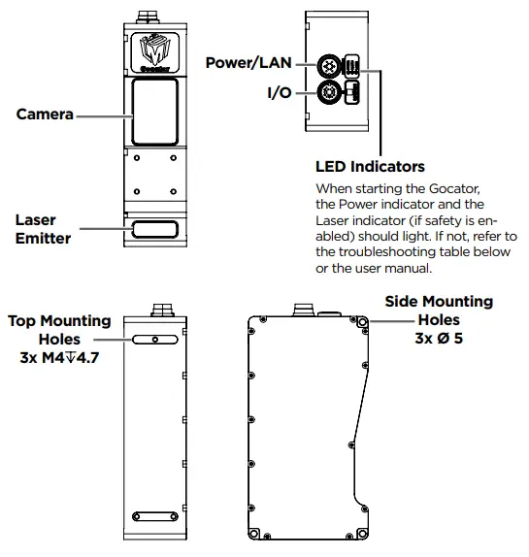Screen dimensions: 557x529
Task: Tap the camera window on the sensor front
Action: (x=154, y=111)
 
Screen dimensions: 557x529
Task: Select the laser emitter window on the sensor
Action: (x=154, y=229)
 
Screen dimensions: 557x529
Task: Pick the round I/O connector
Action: (x=331, y=94)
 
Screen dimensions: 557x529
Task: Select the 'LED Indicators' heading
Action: (x=370, y=166)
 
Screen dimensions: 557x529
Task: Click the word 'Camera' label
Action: (x=45, y=115)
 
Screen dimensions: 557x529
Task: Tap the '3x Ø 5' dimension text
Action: (x=439, y=338)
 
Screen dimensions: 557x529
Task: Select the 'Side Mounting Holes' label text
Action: (x=439, y=311)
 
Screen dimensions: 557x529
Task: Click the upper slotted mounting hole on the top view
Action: (x=155, y=340)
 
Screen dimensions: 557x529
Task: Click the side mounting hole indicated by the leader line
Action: (x=361, y=320)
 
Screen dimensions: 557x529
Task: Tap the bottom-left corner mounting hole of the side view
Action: (x=255, y=533)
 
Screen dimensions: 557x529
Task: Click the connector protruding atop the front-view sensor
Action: (x=155, y=16)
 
